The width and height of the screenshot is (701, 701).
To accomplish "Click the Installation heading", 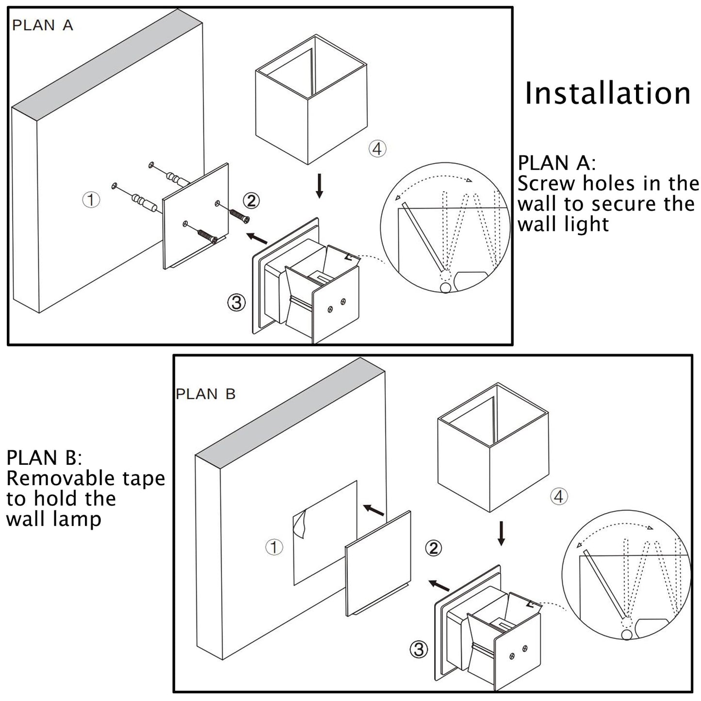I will coord(607,93).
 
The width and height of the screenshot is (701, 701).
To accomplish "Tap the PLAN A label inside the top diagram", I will coord(43,25).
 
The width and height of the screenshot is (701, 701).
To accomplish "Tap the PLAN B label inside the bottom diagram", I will coord(205,393).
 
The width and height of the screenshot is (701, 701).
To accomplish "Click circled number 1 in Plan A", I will coord(91,199).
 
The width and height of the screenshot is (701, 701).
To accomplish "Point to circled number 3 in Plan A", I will coord(236,303).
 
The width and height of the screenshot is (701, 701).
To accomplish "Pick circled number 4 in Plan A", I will coord(377,148).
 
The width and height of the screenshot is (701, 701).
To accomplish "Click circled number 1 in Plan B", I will coord(274,548).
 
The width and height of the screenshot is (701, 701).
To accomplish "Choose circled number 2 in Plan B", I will coord(433,548).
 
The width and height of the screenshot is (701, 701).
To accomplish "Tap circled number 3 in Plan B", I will coord(419,649).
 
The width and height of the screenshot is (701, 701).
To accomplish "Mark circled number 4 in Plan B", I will coord(559,496).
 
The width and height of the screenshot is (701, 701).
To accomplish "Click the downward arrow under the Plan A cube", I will coord(319,187).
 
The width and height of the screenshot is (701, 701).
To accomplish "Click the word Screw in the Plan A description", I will coord(545,184).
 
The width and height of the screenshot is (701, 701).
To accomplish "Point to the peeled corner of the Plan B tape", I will coord(301,524).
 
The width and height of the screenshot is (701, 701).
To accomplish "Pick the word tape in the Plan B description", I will coord(144,478).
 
